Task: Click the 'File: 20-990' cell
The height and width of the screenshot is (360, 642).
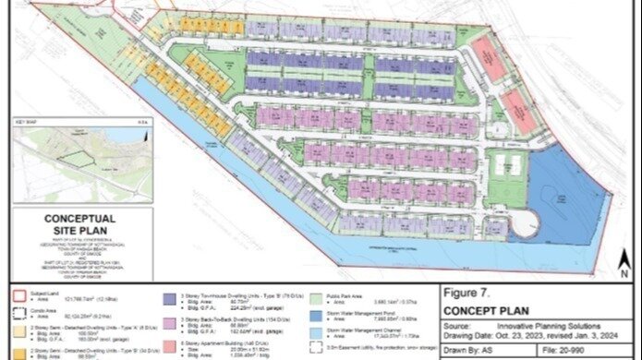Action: pyautogui.click(x=573, y=352)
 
